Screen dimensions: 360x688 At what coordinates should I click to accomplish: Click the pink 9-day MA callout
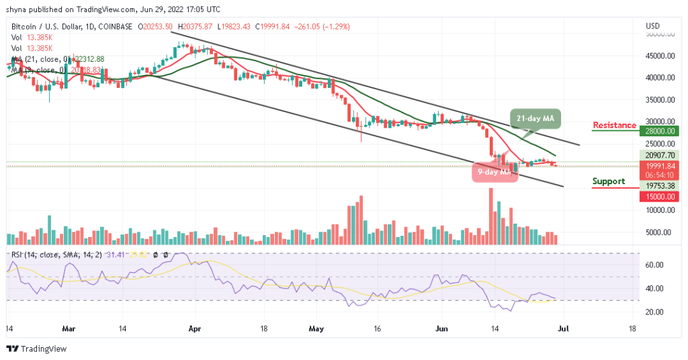pyautogui.click(x=496, y=172)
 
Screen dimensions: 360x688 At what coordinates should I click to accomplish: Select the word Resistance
pyautogui.click(x=614, y=126)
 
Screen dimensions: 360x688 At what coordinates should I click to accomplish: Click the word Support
pyautogui.click(x=608, y=181)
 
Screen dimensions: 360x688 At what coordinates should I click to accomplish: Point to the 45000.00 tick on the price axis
pyautogui.click(x=660, y=56)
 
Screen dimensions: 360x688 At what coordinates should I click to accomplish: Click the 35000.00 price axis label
pyautogui.click(x=660, y=100)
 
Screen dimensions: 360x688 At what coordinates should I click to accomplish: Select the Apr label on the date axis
pyautogui.click(x=196, y=330)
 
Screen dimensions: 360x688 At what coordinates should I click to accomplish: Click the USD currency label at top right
pyautogui.click(x=652, y=26)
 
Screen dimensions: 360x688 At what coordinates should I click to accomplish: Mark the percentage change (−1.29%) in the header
pyautogui.click(x=335, y=27)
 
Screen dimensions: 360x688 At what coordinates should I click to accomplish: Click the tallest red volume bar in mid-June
pyautogui.click(x=491, y=216)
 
